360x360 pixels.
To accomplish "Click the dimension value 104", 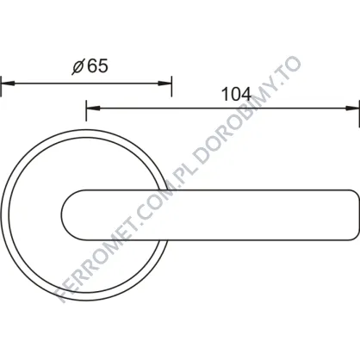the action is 237,94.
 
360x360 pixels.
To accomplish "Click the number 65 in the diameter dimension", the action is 97,66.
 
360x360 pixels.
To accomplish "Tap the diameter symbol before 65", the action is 78,67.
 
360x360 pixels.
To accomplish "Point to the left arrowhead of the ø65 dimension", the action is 8,84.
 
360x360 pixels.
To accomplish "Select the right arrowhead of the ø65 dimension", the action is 164,84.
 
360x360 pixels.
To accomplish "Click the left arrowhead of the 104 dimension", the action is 93,109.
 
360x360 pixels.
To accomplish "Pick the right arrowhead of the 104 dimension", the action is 352,109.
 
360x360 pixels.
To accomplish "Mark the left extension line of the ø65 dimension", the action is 1,86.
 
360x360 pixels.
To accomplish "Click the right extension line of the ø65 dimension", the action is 171,86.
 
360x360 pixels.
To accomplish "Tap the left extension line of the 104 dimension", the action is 86,110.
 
